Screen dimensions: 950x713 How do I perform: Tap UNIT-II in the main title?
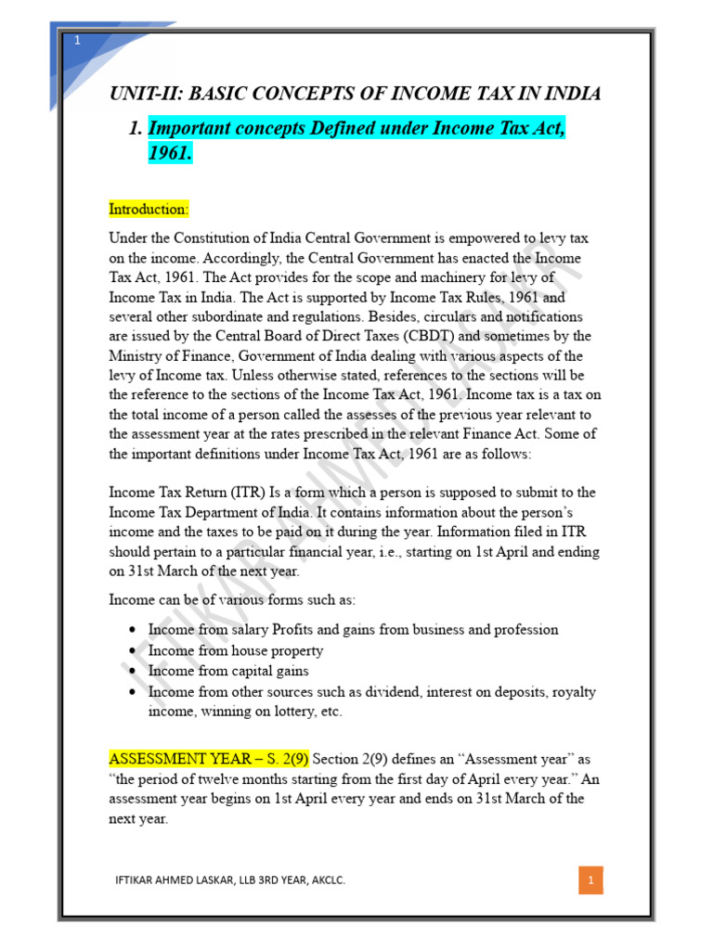(140, 94)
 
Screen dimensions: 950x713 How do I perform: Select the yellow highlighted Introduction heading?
(149, 208)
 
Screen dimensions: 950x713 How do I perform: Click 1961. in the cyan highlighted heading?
(170, 154)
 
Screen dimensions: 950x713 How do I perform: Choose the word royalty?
(551, 692)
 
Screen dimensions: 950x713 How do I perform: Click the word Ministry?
(137, 356)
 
